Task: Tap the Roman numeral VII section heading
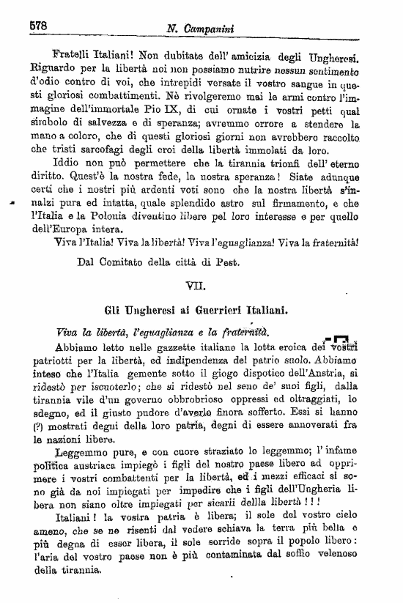pyautogui.click(x=202, y=278)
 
